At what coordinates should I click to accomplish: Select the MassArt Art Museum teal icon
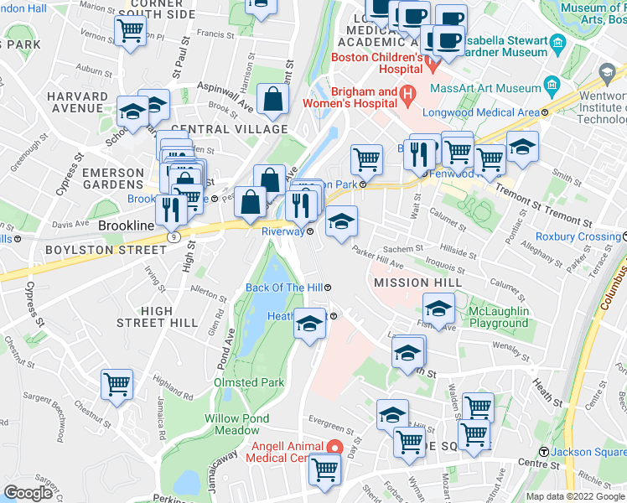(x=552, y=86)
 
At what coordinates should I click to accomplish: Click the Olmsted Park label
(x=249, y=382)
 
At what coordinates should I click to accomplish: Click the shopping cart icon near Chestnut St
(x=117, y=385)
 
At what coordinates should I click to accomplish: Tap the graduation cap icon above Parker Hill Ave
(x=341, y=222)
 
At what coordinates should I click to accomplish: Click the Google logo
(x=28, y=493)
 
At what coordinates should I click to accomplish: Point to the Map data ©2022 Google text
(x=574, y=496)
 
